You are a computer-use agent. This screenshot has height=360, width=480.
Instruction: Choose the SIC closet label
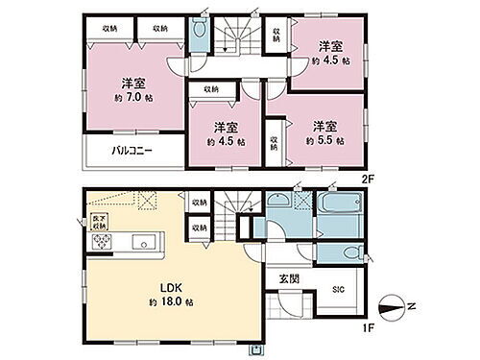[x=339, y=290]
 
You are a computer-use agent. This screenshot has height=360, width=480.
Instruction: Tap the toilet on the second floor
[x=199, y=32]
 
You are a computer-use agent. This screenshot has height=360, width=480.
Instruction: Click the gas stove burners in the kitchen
[x=100, y=243]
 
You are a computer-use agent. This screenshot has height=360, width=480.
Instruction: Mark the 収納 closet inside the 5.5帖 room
[x=274, y=141]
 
